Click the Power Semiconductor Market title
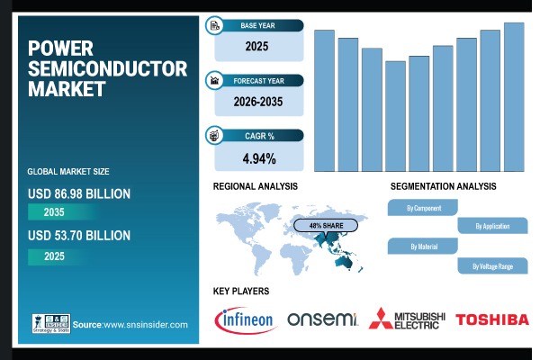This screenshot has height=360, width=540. (107, 68)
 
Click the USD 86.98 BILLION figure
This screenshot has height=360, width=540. (79, 193)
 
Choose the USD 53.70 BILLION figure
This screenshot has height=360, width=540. (79, 236)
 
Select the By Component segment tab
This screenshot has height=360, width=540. (423, 208)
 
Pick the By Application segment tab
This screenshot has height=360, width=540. (491, 226)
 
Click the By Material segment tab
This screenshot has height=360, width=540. (423, 246)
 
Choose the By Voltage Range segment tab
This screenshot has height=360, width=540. (491, 266)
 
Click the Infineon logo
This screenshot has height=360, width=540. (245, 319)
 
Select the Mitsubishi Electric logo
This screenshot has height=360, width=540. (408, 319)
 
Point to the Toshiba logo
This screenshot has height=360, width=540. (491, 319)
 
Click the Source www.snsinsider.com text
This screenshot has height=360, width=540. (130, 325)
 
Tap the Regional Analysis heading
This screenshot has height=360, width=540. (256, 186)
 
